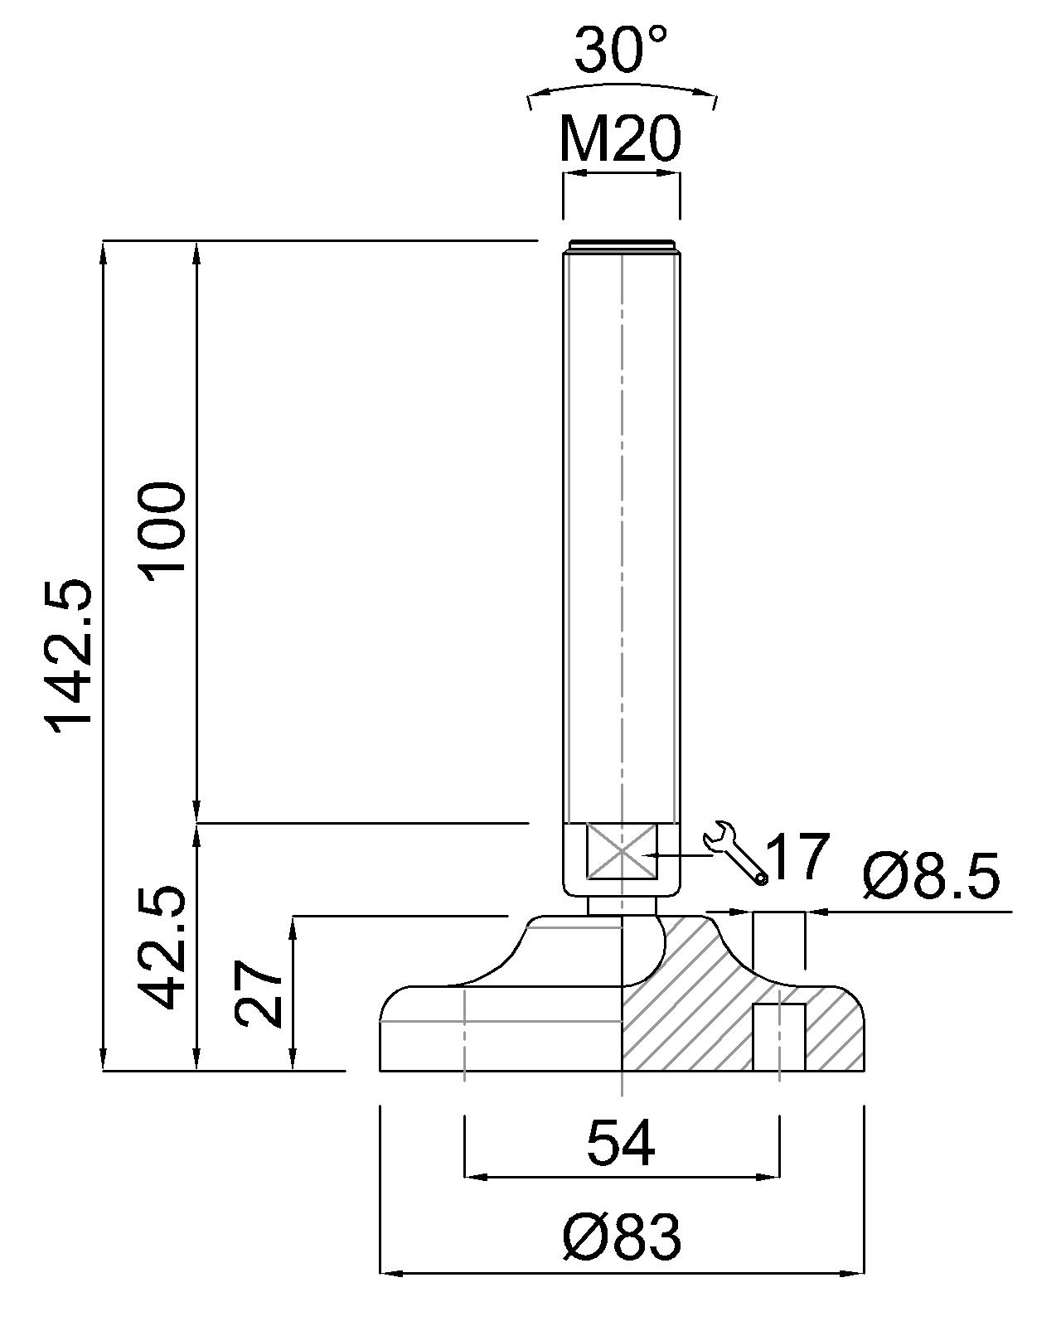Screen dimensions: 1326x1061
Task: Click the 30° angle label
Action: tap(620, 50)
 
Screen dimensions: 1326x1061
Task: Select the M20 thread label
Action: tap(620, 138)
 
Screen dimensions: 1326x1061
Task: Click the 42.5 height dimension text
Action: tap(162, 947)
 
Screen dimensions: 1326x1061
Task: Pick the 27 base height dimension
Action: tap(259, 994)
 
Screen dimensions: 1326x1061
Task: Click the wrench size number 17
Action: tap(797, 858)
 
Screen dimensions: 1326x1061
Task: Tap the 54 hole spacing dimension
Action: tap(621, 1143)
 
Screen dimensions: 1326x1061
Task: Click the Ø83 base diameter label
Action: tap(621, 1236)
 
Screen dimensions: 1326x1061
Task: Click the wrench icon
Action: tap(734, 851)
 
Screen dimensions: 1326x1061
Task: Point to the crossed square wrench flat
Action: tap(622, 851)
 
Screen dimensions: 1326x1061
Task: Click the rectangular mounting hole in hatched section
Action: tap(778, 1037)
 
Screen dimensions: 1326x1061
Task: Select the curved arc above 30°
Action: tap(622, 87)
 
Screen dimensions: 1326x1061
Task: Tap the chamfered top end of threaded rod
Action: tap(621, 245)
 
